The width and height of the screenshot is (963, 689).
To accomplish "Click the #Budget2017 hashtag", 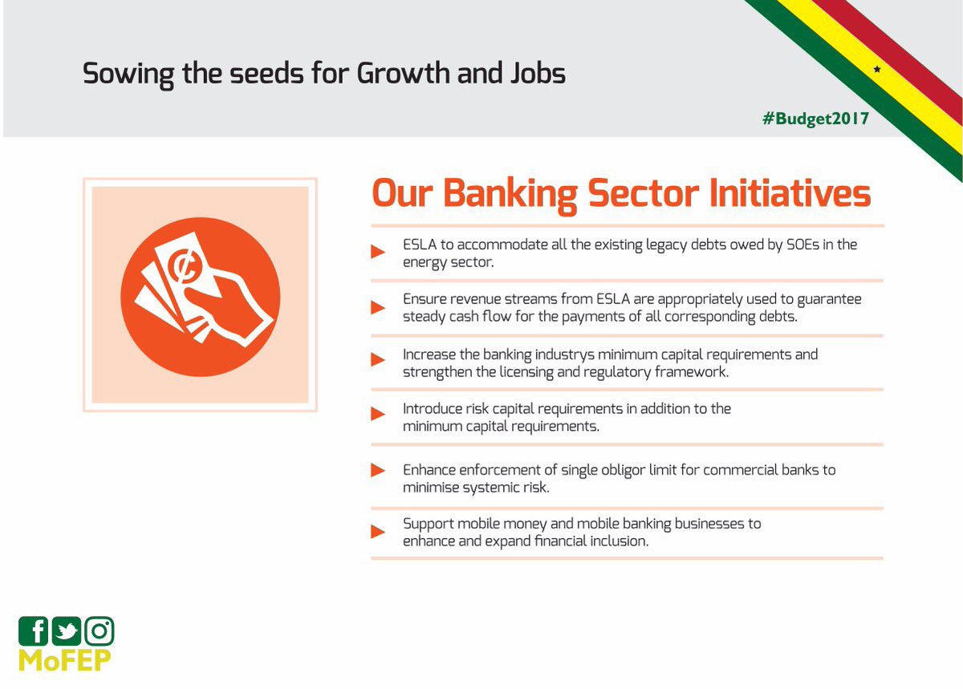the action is pos(815,119).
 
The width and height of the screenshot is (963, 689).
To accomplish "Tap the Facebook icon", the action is pos(33,631).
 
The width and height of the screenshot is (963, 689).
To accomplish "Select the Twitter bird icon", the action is pos(66,631).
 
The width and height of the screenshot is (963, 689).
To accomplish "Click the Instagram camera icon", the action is pos(100,631).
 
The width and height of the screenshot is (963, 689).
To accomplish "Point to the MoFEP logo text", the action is pos(64,661).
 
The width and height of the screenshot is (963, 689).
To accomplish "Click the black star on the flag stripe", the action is pos(877,69).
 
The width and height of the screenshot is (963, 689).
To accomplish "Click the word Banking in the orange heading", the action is pos(510,194).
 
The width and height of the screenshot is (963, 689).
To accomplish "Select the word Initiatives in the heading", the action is pos(790,193).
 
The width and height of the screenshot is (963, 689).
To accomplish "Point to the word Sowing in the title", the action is pos(128,75).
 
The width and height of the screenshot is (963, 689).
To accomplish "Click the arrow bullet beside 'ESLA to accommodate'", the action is pos(378,251).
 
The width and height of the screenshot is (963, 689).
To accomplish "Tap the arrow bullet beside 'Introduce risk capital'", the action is pos(378,414).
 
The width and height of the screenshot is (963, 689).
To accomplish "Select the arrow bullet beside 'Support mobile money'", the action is pos(378,532).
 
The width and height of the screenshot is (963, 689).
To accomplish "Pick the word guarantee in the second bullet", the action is pos(829,300).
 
